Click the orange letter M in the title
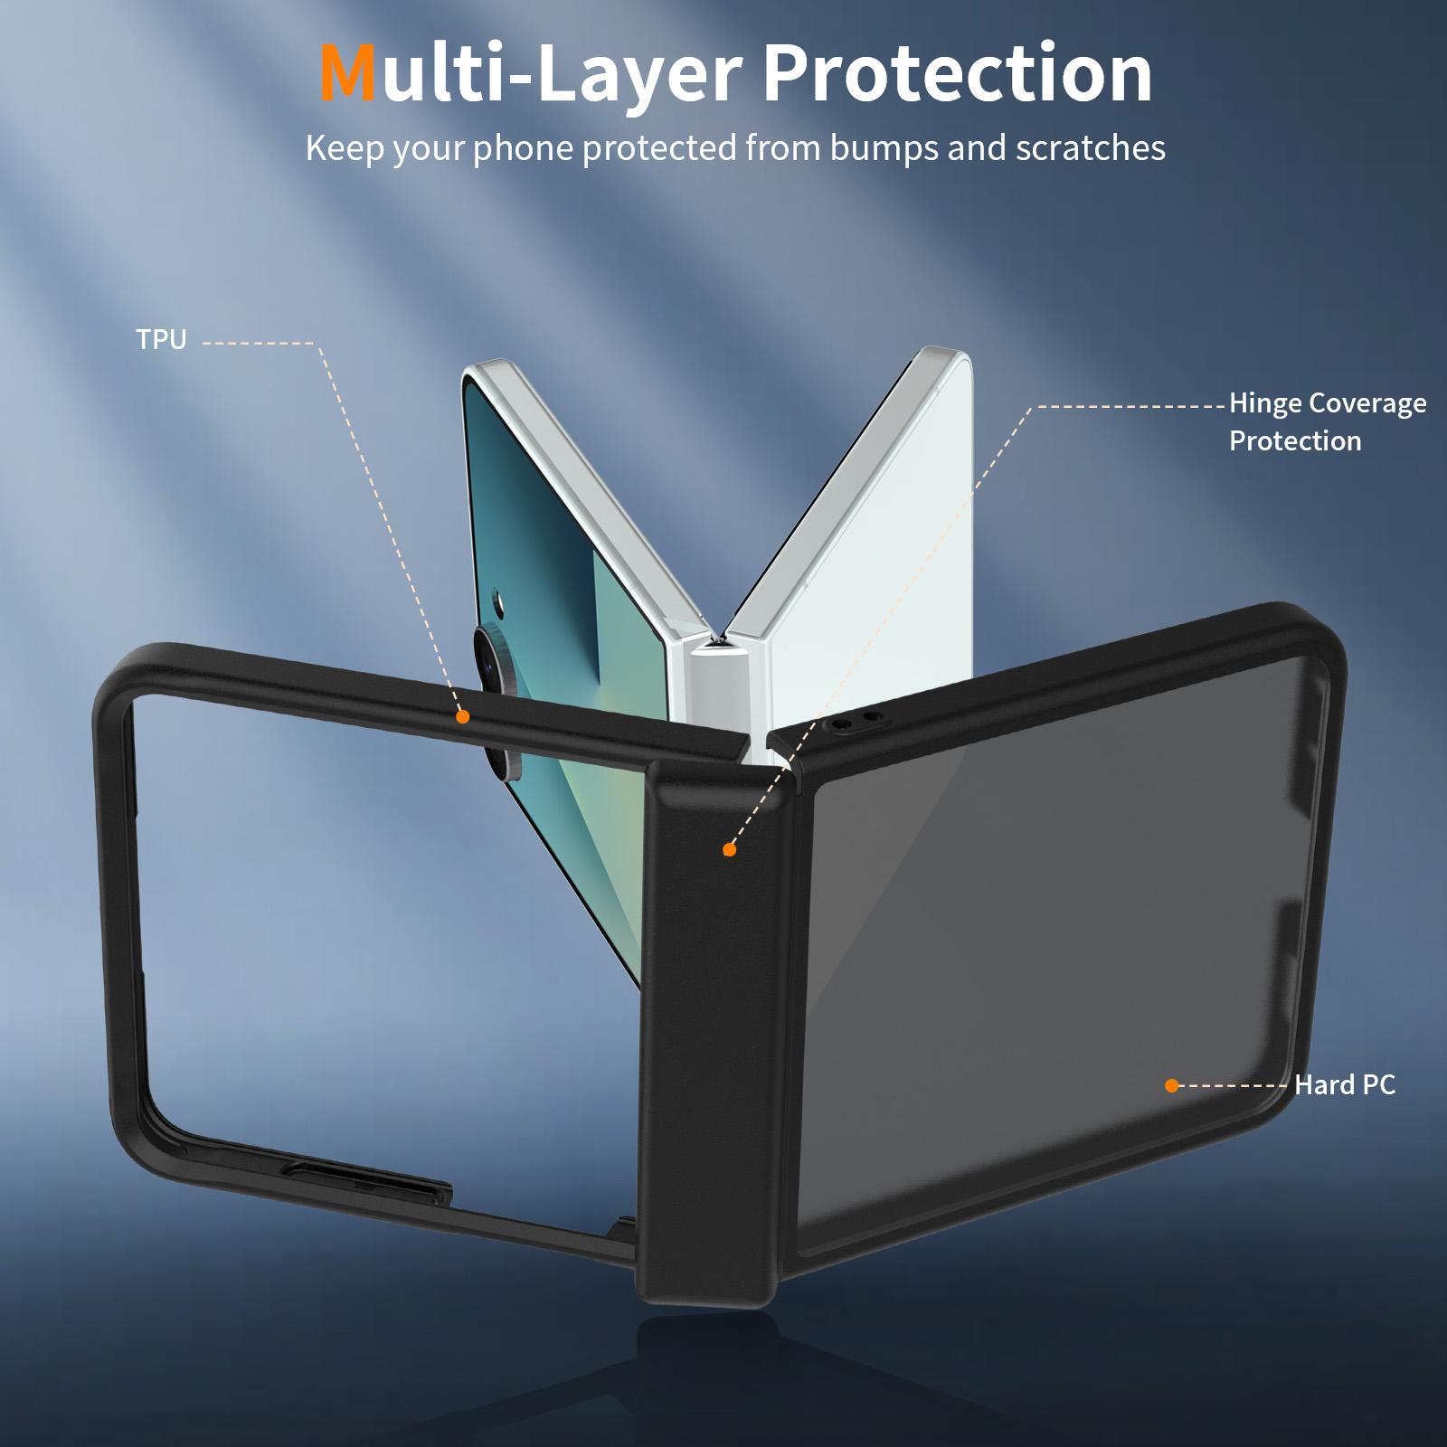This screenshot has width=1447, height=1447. [x=348, y=73]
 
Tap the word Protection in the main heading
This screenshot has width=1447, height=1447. [x=958, y=73]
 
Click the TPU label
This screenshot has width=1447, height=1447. [x=161, y=340]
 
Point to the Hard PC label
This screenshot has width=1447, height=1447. [x=1345, y=1084]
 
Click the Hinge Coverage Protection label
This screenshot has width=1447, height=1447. [x=1328, y=421]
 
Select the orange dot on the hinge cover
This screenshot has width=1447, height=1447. [x=729, y=850]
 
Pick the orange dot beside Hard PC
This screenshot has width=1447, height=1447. [x=1172, y=1085]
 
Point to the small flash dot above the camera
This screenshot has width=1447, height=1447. [x=497, y=598]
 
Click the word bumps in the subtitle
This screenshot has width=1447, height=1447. [x=882, y=149]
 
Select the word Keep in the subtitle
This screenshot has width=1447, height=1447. [x=345, y=149]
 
